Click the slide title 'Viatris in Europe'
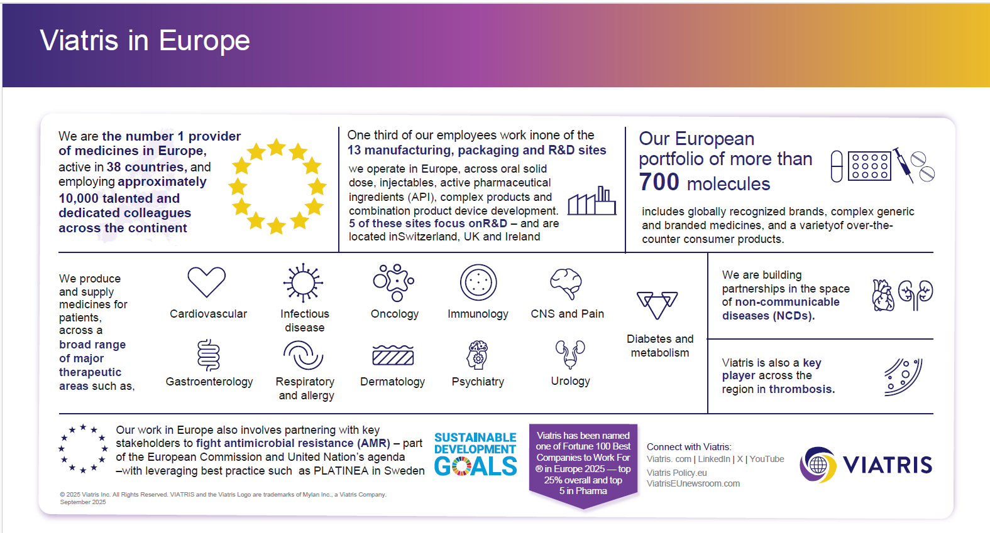(x=145, y=41)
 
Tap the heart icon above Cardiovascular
(x=206, y=282)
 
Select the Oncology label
(x=394, y=314)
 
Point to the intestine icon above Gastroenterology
(x=208, y=355)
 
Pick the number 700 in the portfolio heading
(x=659, y=183)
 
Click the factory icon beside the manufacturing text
(x=591, y=202)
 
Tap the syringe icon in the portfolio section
(x=903, y=164)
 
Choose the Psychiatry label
(x=478, y=382)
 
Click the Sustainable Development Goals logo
(x=475, y=455)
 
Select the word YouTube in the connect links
(x=767, y=459)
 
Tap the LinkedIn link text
(x=714, y=459)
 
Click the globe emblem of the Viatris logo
(x=818, y=465)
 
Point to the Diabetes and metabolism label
(x=660, y=346)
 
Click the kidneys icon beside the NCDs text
(x=915, y=294)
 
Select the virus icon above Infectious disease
(x=303, y=283)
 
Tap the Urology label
(x=570, y=381)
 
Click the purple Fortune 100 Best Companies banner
(x=583, y=463)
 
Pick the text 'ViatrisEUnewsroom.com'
(x=693, y=483)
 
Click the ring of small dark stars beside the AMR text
(x=83, y=448)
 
